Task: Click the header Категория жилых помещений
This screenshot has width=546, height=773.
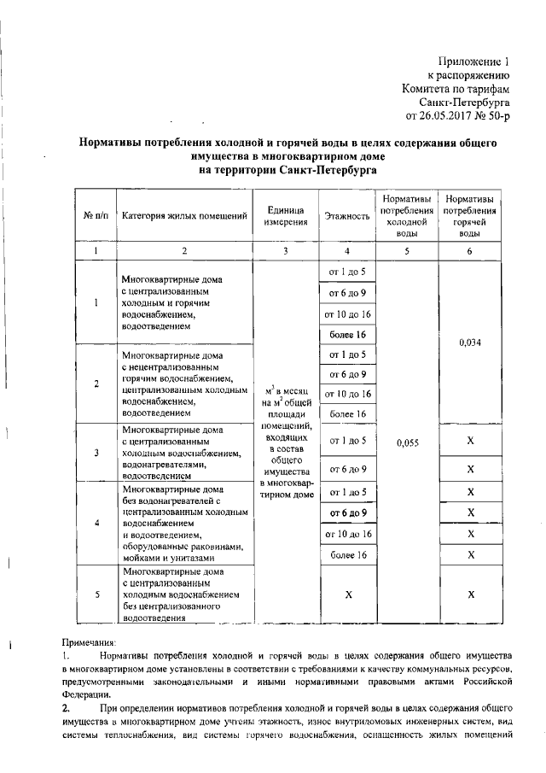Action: (184, 216)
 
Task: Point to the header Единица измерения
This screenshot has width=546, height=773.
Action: (287, 216)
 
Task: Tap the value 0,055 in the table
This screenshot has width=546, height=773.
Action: (407, 442)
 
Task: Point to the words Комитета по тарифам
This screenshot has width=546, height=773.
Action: (456, 88)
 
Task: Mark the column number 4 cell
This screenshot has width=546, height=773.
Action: (347, 251)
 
